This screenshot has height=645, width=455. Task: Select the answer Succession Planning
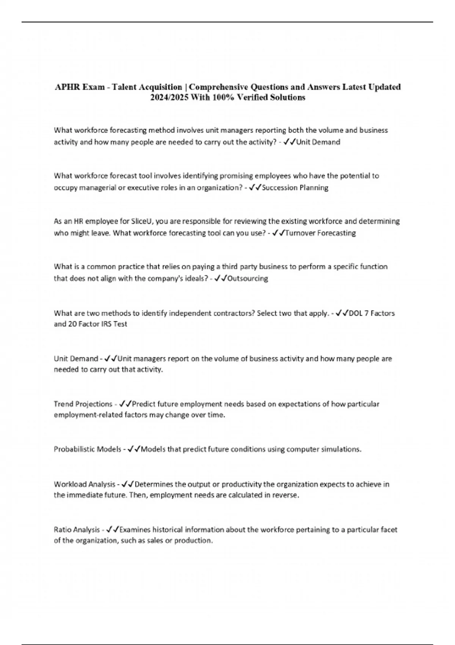click(x=295, y=188)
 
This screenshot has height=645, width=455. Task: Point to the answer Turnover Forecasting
click(x=320, y=233)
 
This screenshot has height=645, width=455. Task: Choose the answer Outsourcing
click(x=248, y=278)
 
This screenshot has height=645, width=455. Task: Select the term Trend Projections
click(x=83, y=404)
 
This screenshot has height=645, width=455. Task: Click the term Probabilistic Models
click(x=88, y=449)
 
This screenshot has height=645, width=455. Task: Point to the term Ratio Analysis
click(x=77, y=530)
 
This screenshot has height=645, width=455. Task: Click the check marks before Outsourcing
click(x=220, y=278)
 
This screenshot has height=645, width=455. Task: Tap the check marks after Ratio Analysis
click(x=113, y=530)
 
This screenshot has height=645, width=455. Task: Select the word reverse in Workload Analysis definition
click(x=285, y=495)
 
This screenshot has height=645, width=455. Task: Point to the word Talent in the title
click(x=127, y=87)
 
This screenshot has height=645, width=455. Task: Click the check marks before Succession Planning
click(x=255, y=188)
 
